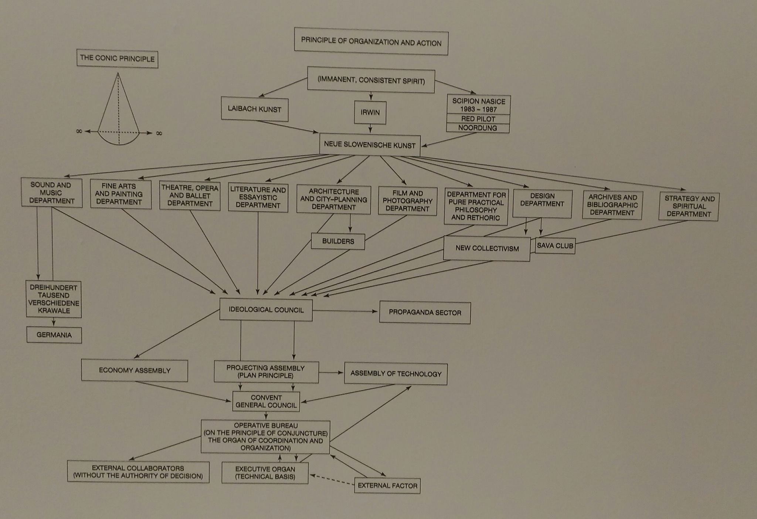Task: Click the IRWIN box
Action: [370, 112]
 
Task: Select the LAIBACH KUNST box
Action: [255, 109]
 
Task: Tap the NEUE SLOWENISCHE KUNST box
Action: [370, 145]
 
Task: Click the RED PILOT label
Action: [478, 119]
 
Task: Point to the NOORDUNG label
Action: [478, 128]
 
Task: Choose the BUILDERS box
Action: [338, 241]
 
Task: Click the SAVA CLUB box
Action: [555, 246]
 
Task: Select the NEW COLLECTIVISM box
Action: [487, 248]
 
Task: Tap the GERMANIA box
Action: [54, 335]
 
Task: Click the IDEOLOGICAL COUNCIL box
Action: [266, 310]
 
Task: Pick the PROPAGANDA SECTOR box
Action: [425, 312]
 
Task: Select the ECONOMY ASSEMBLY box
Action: [135, 370]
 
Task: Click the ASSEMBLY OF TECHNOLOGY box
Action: [396, 374]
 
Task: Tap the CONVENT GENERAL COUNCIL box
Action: [266, 401]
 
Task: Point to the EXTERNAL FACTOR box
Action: [387, 485]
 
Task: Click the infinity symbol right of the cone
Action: [159, 133]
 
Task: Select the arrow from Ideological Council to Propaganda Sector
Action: [346, 311]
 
